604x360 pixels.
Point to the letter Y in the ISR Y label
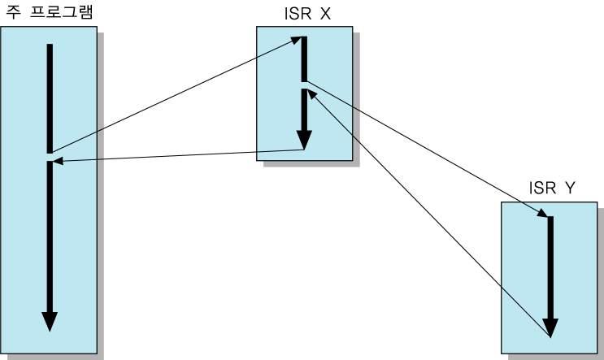pos(570,189)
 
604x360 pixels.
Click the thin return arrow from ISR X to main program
pos(179,155)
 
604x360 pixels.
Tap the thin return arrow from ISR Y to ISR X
pos(431,215)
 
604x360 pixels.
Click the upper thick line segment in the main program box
pos(50,98)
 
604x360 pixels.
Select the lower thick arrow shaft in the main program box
pos(50,236)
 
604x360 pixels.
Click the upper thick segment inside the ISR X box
pos(304,59)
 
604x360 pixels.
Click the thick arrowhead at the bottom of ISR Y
pos(550,327)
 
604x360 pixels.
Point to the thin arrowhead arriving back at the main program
pos(58,161)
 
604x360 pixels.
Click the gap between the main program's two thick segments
pos(50,157)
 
